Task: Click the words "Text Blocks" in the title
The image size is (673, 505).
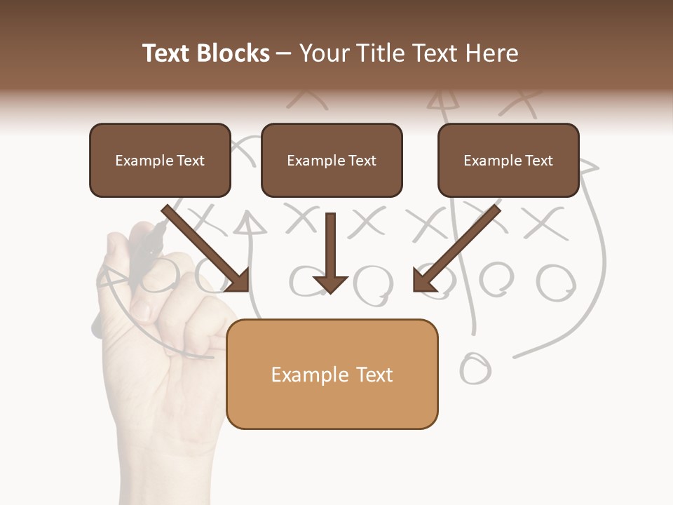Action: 205,53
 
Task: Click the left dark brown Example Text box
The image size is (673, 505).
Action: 160,161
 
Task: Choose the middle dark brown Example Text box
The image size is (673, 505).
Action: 332,161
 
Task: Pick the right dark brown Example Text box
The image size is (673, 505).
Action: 508,161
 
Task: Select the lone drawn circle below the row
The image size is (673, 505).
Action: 475,368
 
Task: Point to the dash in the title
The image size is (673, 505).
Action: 284,53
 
